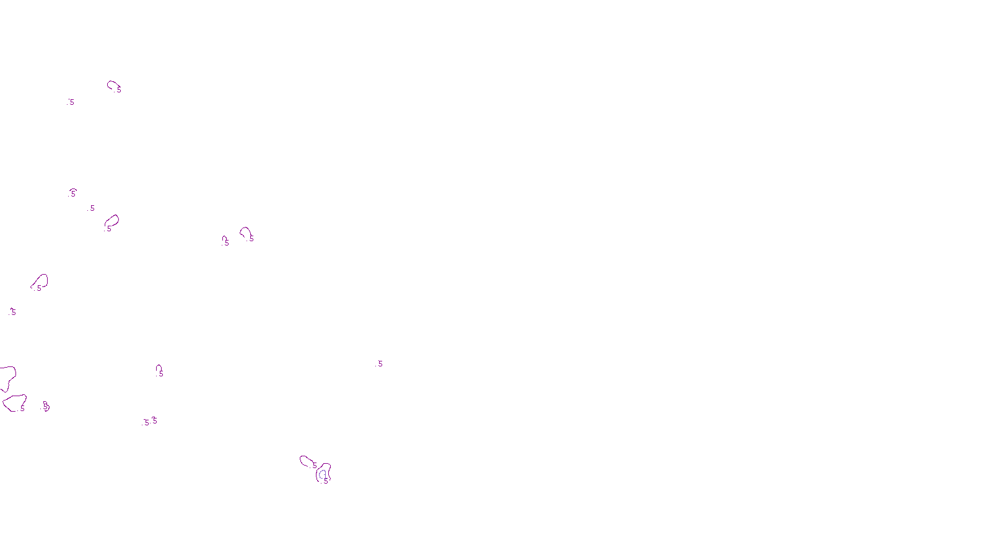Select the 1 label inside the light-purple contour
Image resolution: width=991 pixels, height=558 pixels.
coord(324,475)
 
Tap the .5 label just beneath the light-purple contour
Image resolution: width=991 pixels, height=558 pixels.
coord(326,481)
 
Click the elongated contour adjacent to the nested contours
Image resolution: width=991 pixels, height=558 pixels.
coord(306,461)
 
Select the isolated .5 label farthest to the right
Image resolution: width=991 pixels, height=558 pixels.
coord(379,364)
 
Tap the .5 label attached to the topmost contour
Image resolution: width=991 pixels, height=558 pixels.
coord(118,89)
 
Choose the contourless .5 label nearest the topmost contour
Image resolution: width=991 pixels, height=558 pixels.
coord(71,102)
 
